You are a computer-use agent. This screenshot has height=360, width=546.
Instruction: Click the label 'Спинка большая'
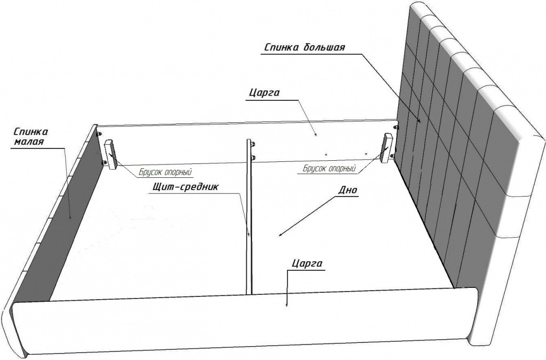tap(305, 48)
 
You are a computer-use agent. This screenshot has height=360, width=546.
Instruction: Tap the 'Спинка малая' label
tap(30, 137)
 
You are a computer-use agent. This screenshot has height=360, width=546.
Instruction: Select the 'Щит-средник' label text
tap(185, 187)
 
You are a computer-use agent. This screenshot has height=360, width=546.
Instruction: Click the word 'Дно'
tap(347, 190)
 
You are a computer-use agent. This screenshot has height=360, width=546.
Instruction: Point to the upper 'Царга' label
tap(265, 93)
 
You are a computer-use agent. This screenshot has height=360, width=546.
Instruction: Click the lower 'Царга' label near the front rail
tap(307, 263)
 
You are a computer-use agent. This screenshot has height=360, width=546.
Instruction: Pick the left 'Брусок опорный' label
tap(165, 172)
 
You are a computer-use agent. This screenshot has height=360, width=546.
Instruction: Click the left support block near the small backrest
tap(111, 155)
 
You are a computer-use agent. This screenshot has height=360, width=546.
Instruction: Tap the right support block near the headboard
tap(387, 148)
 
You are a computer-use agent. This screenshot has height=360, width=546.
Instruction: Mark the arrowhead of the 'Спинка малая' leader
tap(70, 216)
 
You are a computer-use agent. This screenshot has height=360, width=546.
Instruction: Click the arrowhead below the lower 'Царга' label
tap(287, 304)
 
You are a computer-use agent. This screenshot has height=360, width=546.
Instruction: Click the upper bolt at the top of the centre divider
tap(252, 143)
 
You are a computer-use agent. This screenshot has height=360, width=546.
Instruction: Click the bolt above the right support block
tap(395, 127)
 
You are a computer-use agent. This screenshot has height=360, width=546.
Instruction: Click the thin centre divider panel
tap(249, 216)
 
